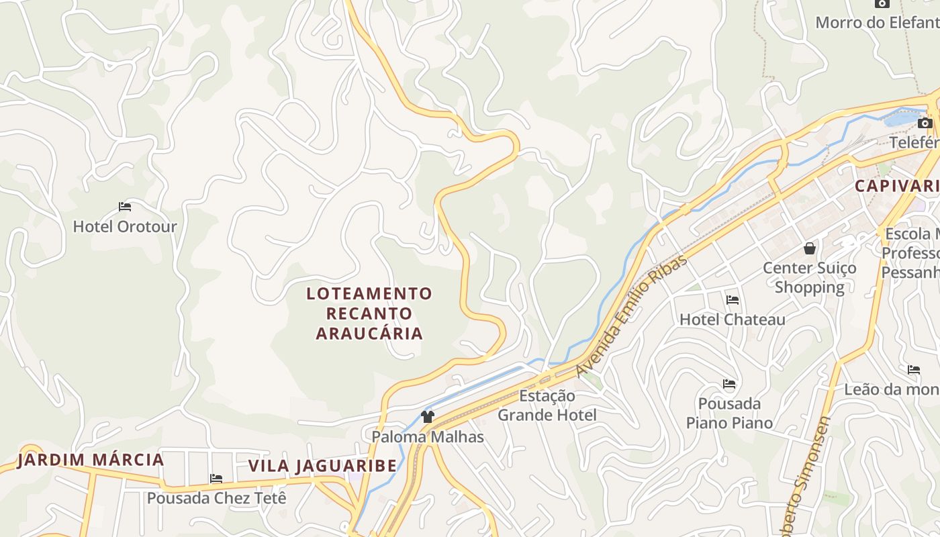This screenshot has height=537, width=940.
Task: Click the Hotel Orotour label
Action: coord(124,226)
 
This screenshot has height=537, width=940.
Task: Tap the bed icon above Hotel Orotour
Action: coord(124,207)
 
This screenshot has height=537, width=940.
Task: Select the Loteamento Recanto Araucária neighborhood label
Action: coord(369,313)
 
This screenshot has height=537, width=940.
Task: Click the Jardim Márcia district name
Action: coord(91,460)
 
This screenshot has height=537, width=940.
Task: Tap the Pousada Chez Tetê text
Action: coord(216,498)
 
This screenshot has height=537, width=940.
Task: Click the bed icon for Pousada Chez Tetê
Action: coord(216,479)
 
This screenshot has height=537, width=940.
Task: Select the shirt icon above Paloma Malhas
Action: coord(428,417)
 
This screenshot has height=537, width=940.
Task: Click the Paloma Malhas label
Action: coord(428,436)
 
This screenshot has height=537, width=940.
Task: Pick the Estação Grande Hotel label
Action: coord(547,405)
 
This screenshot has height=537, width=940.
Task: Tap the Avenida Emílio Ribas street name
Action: coord(631,316)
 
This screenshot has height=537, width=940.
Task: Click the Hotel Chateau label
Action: coord(732,320)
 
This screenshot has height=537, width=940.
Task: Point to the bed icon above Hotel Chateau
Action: coord(732,300)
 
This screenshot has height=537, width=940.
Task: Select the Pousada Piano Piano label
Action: coord(729,413)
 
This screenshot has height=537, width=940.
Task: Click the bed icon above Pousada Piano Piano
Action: coord(729,384)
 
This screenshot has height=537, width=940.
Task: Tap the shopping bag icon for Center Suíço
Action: coord(810,248)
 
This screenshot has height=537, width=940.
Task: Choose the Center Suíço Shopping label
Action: coord(810,277)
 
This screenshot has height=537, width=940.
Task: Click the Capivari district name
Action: coord(896,186)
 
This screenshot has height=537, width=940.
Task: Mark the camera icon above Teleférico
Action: coord(925,123)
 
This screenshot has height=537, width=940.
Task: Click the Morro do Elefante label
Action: coord(877,22)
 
